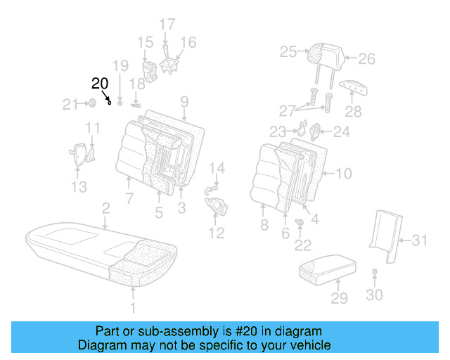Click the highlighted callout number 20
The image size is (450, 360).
101,84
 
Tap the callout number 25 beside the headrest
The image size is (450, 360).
288,51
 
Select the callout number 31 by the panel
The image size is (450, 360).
419,240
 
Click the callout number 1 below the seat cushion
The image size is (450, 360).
134,307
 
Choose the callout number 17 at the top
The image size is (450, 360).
167,25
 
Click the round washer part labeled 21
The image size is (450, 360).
92,105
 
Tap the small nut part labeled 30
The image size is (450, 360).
374,271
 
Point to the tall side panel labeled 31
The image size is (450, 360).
384,229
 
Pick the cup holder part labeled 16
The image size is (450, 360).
170,65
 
